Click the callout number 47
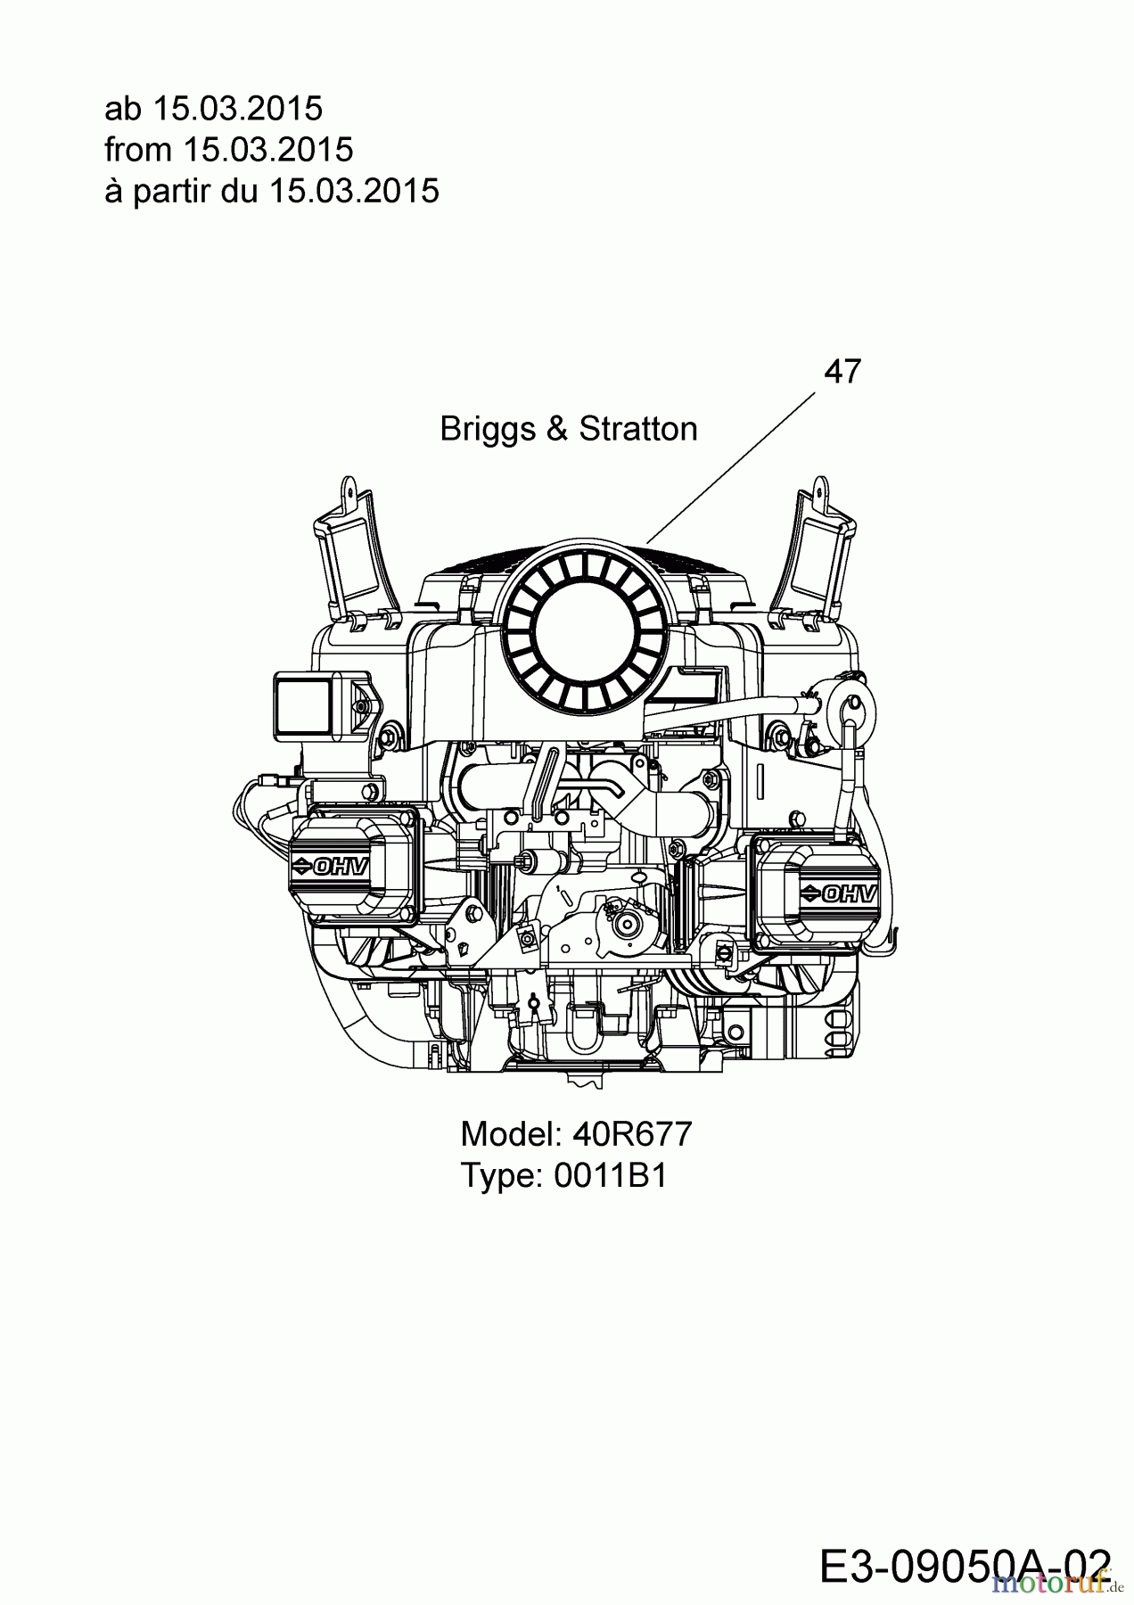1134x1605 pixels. [842, 371]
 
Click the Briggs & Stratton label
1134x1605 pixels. [568, 429]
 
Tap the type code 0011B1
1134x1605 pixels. [610, 1175]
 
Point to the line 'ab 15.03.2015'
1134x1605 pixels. [213, 109]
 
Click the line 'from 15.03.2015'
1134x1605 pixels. [228, 150]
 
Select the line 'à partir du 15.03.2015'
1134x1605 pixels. [271, 191]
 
